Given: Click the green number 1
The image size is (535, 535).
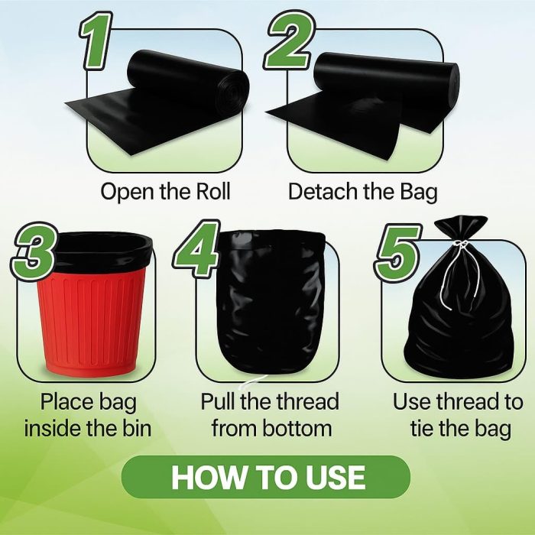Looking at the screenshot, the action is click(x=96, y=41).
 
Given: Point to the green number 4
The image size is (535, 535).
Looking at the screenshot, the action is click(x=197, y=248).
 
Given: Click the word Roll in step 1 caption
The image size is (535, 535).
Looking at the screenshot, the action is click(x=213, y=191).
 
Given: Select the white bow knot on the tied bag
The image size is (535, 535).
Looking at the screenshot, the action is click(x=462, y=245).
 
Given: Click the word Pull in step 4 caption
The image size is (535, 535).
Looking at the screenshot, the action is click(x=219, y=401).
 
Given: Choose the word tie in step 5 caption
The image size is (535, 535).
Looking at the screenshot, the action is click(x=422, y=428).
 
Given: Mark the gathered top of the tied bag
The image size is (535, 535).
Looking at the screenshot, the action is click(x=461, y=228).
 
